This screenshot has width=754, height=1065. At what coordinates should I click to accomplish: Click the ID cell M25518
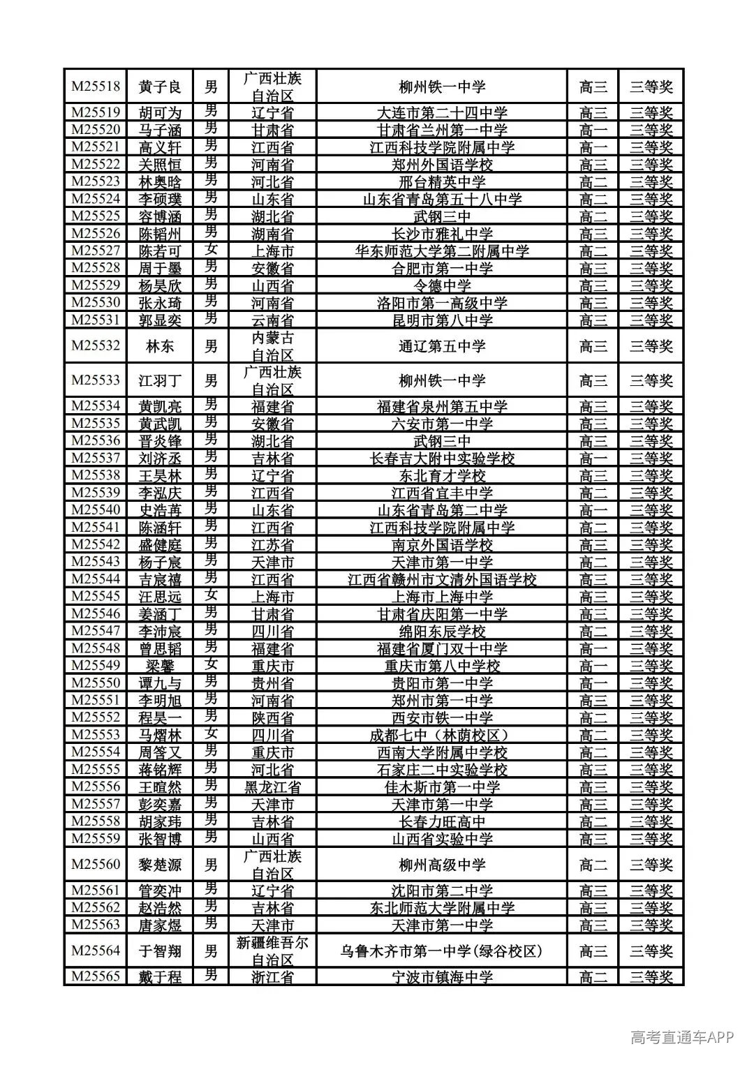96,87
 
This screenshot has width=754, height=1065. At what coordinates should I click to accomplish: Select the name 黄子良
160,87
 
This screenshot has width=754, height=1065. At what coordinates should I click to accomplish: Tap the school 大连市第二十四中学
442,113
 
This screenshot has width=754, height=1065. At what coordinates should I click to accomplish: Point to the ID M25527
96,251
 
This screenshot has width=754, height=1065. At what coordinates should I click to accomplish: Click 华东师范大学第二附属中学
442,251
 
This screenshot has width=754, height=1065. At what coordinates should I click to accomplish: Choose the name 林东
160,346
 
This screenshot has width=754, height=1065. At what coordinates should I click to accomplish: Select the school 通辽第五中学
442,346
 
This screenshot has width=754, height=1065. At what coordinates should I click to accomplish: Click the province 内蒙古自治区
272,346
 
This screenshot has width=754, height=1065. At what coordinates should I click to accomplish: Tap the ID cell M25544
96,579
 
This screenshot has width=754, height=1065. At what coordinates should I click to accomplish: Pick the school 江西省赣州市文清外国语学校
442,580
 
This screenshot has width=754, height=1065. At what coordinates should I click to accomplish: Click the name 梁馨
160,666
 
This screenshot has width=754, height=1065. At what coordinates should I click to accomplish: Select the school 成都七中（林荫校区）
442,735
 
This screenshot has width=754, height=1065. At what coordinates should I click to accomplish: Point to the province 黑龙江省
272,787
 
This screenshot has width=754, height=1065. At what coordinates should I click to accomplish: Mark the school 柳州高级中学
442,865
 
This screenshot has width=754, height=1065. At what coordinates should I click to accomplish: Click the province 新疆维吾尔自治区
272,951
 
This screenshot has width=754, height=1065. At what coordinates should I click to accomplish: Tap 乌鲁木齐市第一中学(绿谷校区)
442,951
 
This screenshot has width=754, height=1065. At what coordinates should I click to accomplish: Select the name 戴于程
160,977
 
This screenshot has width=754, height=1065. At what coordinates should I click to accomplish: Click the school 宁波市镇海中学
442,977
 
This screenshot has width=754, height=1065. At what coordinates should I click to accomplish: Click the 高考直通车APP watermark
682,1038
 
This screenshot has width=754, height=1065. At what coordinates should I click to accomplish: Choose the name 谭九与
160,683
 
